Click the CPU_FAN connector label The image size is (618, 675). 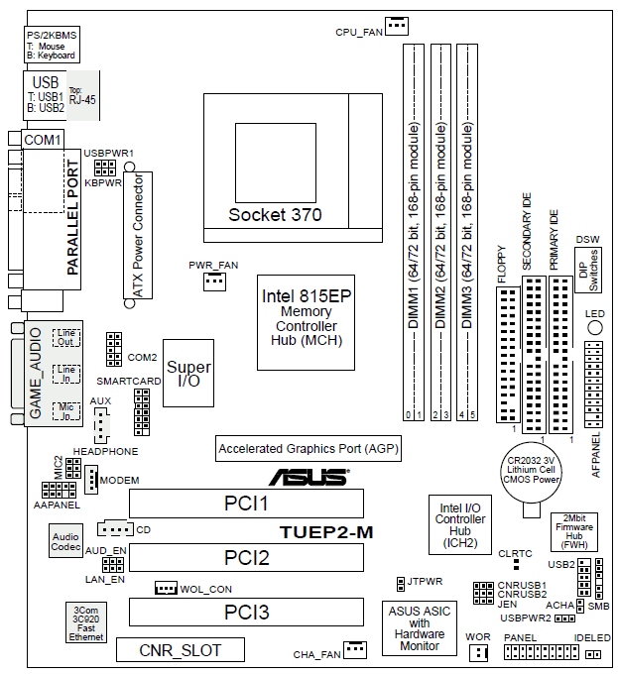(x=358, y=31)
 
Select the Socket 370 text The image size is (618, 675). (x=275, y=214)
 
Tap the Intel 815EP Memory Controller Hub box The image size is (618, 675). (x=307, y=320)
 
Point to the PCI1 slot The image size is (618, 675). (x=246, y=504)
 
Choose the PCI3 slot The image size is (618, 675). (x=246, y=612)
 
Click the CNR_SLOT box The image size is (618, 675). (x=180, y=650)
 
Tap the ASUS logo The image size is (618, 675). (x=309, y=477)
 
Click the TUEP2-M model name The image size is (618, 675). (x=325, y=531)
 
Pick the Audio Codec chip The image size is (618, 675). (x=65, y=542)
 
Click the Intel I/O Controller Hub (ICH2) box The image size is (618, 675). (x=460, y=522)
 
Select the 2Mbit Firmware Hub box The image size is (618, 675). (x=573, y=531)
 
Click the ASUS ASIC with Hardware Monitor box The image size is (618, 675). (x=419, y=626)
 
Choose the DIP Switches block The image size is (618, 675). (x=587, y=269)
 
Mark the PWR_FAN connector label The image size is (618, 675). (x=213, y=265)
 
